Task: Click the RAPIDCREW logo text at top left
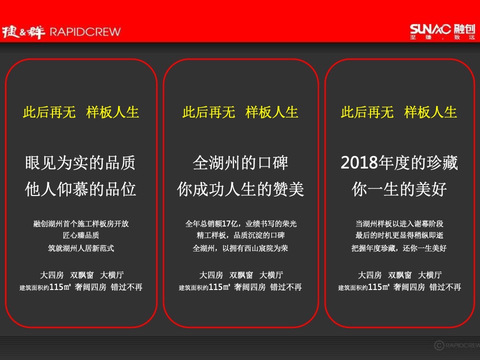(x=84, y=32)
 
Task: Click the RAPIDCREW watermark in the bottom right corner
(x=456, y=344)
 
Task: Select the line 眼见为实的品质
(x=80, y=163)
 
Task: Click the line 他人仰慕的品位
(x=80, y=189)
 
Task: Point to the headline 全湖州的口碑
(x=240, y=163)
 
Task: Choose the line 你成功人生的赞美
(x=240, y=189)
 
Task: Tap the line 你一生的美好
(x=399, y=189)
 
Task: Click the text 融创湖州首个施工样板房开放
(x=80, y=224)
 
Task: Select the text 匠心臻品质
(x=80, y=236)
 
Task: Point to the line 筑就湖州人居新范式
(x=80, y=248)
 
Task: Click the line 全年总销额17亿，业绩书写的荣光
(x=240, y=224)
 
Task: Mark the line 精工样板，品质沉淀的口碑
(x=240, y=236)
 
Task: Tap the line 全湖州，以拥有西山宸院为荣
(x=240, y=248)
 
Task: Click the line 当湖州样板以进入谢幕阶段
(x=399, y=224)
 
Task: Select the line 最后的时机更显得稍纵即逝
(x=399, y=236)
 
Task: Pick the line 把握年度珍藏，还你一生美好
(x=399, y=248)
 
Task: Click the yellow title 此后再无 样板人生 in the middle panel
(x=240, y=112)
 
